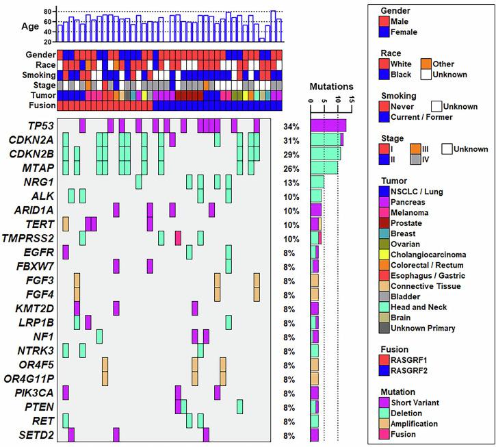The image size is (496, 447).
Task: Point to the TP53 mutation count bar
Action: point(328,126)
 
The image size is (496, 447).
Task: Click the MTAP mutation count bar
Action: point(324,168)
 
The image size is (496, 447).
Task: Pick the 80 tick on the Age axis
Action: point(49,12)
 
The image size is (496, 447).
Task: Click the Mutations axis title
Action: point(331,87)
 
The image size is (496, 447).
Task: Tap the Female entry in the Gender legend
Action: point(403,31)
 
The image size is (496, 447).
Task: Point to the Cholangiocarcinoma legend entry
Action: point(428,255)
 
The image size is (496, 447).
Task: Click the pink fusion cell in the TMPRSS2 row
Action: point(178,238)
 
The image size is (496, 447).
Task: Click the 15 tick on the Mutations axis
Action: point(351,102)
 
